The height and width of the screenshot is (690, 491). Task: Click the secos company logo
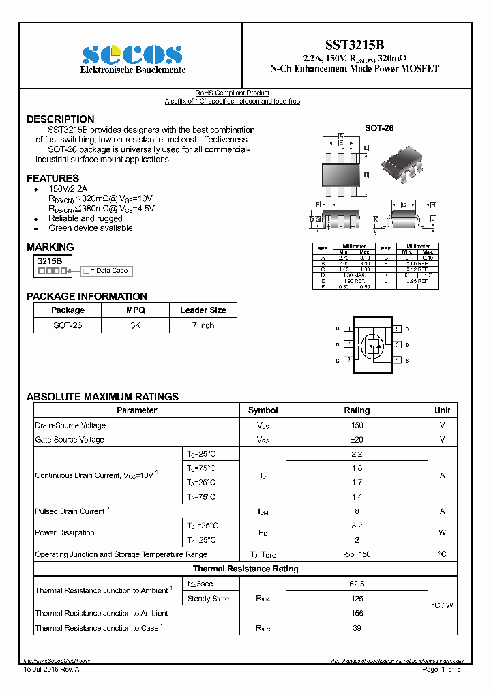132,55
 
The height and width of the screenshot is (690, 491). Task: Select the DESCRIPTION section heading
61,119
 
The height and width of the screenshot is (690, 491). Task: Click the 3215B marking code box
50,260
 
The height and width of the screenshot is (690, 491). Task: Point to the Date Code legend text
108,271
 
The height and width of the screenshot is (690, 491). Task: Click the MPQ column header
135,310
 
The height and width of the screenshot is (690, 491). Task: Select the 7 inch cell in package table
203,325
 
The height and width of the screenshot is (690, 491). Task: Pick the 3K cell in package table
135,325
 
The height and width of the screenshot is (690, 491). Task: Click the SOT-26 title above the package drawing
378,127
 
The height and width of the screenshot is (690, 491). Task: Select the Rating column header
356,410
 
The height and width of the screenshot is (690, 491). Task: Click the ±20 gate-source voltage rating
356,440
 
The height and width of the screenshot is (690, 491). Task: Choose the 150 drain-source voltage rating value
356,425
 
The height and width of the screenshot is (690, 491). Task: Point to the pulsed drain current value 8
356,511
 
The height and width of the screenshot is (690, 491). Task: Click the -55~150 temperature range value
356,554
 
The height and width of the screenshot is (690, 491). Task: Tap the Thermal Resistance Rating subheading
245,569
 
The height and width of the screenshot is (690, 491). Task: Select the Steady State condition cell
209,599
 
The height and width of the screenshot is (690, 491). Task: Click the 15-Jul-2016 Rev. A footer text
51,670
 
